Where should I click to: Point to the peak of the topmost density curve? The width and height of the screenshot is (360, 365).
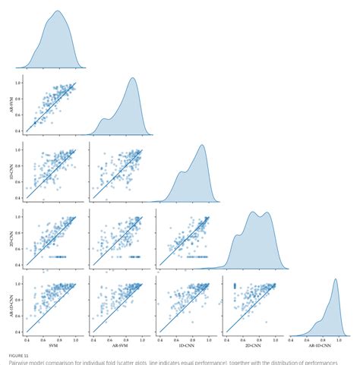58,12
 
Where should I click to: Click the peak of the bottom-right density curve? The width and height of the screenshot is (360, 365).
334,280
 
